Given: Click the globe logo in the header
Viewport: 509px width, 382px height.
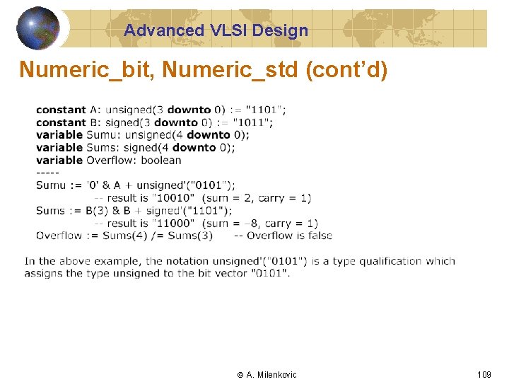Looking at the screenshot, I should tap(38, 28).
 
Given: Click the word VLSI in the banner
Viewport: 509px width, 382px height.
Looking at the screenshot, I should tap(226, 30).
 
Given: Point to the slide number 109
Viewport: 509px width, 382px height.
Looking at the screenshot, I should tap(484, 374).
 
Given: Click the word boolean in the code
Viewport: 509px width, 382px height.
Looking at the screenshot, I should tap(161, 161).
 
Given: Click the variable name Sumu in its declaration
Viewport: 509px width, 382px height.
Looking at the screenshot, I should tap(100, 135).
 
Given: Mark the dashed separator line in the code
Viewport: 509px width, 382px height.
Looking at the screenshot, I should tap(47, 173).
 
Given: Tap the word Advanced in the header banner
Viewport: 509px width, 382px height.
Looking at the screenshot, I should tap(163, 30).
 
